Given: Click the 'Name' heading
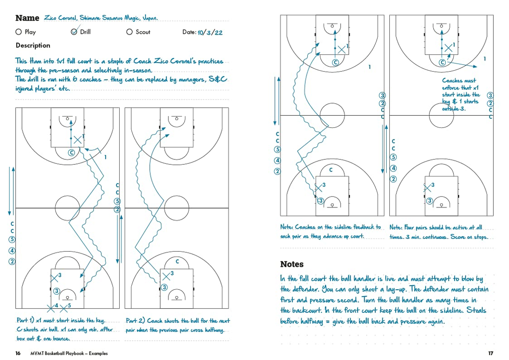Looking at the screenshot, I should point(27,18).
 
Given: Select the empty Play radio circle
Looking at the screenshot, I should point(18,32).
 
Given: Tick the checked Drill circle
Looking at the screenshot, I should point(74,32).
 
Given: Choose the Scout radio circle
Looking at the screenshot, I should point(130,32).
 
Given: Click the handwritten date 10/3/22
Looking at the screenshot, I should point(210,32).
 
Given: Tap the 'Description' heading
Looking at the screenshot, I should point(33,45).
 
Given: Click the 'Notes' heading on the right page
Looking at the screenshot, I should point(292,264).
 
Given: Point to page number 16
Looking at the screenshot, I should point(18,353).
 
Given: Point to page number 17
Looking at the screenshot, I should point(491,353).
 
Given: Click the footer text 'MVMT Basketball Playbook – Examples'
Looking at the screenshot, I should point(69,353).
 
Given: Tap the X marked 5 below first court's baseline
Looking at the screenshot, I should point(64,308).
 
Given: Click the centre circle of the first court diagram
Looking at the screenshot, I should point(68,208).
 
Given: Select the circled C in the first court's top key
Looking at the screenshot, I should point(71,153).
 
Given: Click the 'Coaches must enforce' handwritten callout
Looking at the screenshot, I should point(461,94).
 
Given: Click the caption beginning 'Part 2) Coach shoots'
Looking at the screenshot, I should point(177,325).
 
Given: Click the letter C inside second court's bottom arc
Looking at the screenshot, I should point(177,261).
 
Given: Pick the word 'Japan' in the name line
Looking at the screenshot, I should point(149,18).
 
